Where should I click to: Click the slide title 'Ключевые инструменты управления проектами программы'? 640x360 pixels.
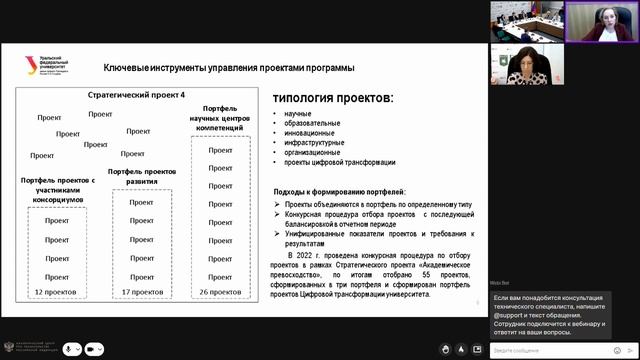click(x=229, y=68)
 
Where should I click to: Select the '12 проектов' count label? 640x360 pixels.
click(x=52, y=292)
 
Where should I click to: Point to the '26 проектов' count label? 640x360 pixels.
click(x=221, y=292)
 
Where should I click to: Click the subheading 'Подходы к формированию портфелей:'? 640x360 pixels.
click(x=340, y=190)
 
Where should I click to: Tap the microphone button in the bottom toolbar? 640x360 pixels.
click(x=71, y=349)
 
